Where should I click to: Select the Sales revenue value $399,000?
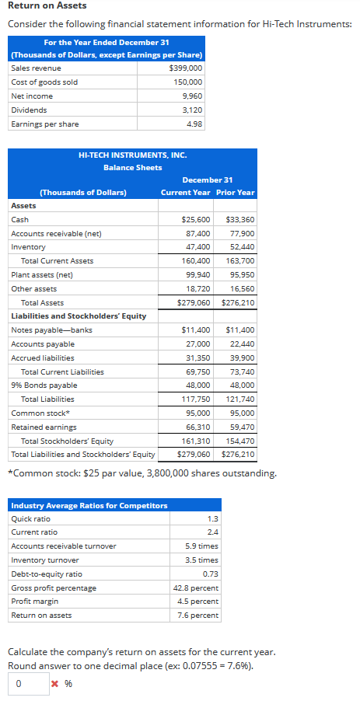click(185, 68)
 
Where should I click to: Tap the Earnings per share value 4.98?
click(194, 124)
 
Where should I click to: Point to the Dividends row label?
click(29, 110)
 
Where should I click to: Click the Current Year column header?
click(185, 192)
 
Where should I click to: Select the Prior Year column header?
click(235, 192)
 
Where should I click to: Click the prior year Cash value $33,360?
click(239, 220)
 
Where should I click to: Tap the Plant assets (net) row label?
click(42, 275)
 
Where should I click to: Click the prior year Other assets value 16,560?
click(242, 288)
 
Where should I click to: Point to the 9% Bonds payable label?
click(44, 385)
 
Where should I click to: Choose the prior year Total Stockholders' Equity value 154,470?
click(239, 441)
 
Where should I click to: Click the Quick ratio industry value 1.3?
click(212, 518)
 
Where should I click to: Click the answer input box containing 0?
click(28, 683)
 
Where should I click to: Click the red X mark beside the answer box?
click(54, 684)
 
